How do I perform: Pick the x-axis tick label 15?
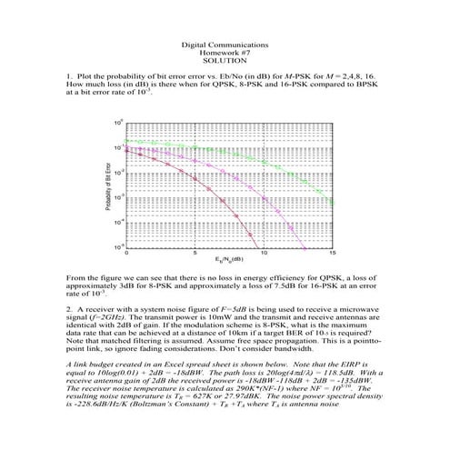click(x=333, y=252)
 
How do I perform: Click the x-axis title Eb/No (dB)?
click(x=228, y=260)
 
